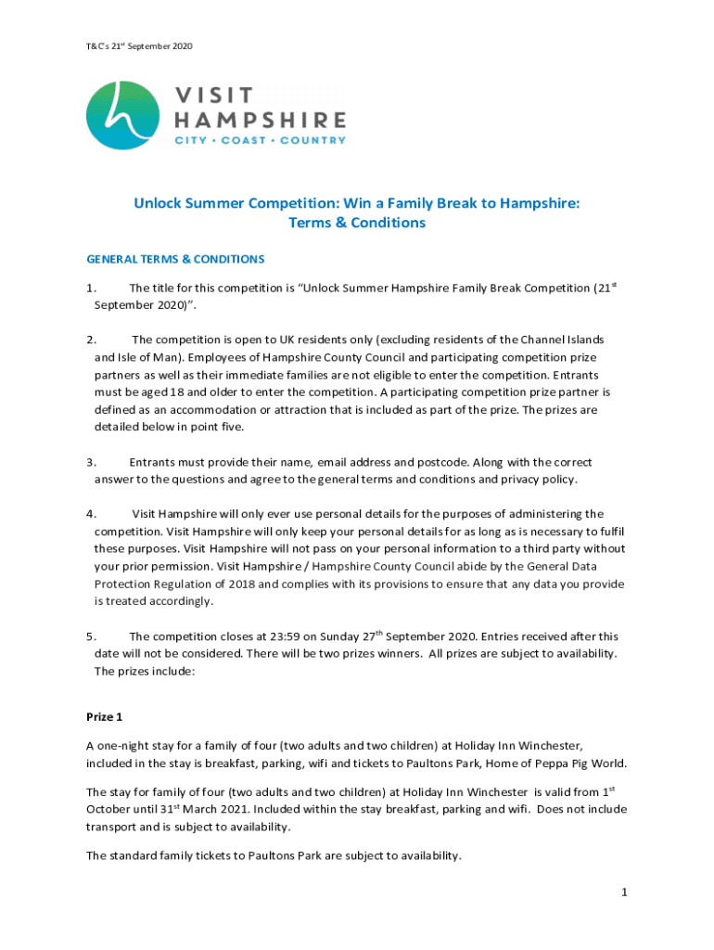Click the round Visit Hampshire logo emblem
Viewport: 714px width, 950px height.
coord(122,115)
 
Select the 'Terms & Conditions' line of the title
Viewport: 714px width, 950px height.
coord(357,223)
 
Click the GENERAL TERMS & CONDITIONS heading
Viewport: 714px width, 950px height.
coord(175,259)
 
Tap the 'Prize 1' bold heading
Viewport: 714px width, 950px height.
coord(104,718)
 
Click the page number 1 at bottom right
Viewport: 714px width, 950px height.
coord(625,892)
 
